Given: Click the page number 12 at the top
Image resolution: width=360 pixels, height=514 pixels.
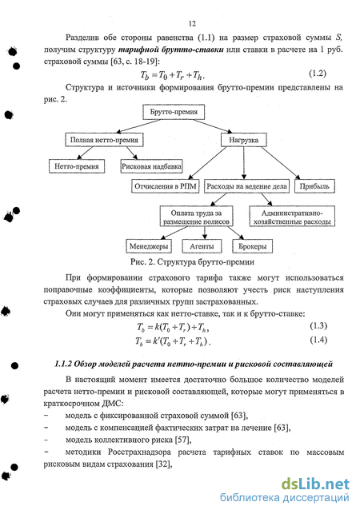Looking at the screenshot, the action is [192, 24].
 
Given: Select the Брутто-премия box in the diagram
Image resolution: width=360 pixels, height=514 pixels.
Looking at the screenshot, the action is [174, 112].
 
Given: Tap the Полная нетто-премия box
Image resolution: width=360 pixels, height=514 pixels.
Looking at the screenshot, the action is [104, 140].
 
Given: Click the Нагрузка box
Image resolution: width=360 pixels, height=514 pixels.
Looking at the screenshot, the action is [243, 140].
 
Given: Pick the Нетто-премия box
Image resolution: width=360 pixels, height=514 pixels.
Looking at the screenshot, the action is [77, 166].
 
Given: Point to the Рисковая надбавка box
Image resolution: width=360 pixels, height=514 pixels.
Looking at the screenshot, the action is [151, 166].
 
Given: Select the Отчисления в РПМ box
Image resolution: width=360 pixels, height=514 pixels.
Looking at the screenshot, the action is [166, 186].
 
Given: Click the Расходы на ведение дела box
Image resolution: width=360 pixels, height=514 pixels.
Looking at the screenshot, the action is [246, 186].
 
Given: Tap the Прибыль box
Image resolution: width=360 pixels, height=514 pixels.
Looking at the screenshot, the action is [314, 186].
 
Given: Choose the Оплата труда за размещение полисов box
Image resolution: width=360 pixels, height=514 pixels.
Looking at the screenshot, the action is [196, 217].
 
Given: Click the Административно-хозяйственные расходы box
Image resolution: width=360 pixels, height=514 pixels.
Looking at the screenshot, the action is [292, 217].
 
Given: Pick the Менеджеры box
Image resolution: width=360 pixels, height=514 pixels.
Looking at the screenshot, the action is [149, 246].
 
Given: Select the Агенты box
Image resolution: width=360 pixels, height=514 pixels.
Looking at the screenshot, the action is [202, 246].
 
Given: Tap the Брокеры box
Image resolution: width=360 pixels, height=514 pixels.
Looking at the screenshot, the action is [252, 246].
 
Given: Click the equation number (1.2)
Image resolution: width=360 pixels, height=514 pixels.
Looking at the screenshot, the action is [318, 74].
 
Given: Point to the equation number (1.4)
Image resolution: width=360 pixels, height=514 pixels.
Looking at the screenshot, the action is [318, 340].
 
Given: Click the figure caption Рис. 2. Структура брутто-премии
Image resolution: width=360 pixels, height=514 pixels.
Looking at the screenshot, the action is [192, 262].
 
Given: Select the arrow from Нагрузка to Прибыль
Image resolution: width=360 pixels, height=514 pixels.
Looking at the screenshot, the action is [281, 164].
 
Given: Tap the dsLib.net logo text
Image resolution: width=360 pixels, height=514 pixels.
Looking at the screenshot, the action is [315, 484].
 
